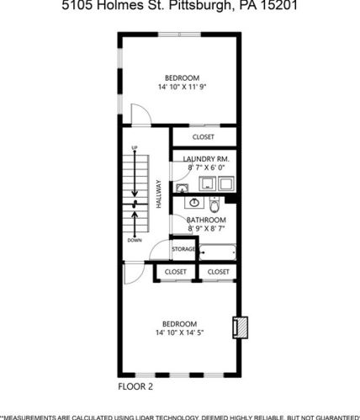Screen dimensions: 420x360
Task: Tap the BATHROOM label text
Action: [206, 221]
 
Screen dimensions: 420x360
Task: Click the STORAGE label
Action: [183, 250]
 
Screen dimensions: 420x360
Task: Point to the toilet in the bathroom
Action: [214, 205]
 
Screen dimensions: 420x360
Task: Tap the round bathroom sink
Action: [193, 203]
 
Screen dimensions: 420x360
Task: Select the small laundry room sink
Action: [183, 188]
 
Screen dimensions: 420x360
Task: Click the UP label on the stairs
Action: [134, 149]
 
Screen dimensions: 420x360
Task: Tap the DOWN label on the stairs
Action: [134, 240]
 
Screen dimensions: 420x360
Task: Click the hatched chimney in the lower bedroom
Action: [239, 327]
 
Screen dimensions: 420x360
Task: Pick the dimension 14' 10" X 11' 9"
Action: [183, 87]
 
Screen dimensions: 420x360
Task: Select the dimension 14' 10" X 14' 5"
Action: [180, 333]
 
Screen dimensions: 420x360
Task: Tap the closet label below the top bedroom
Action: [204, 136]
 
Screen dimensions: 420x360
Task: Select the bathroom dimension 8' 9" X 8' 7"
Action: [206, 229]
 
